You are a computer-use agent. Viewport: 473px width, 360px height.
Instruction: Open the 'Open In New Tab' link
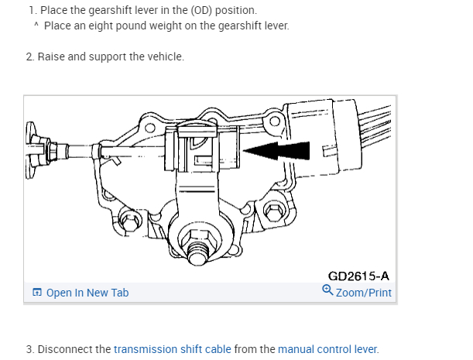(x=87, y=293)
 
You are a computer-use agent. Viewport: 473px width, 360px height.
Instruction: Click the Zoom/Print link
(x=364, y=293)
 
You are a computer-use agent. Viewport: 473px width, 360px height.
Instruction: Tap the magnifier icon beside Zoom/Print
(x=327, y=291)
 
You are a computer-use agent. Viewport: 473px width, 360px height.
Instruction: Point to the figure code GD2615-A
(x=358, y=276)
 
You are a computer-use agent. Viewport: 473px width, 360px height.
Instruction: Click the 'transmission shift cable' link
(x=172, y=349)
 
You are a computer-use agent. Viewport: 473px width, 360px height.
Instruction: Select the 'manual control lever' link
(x=327, y=349)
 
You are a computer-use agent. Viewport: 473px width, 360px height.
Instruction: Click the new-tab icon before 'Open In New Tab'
(x=36, y=293)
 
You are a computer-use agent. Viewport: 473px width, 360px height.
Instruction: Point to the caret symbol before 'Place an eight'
(x=36, y=24)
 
